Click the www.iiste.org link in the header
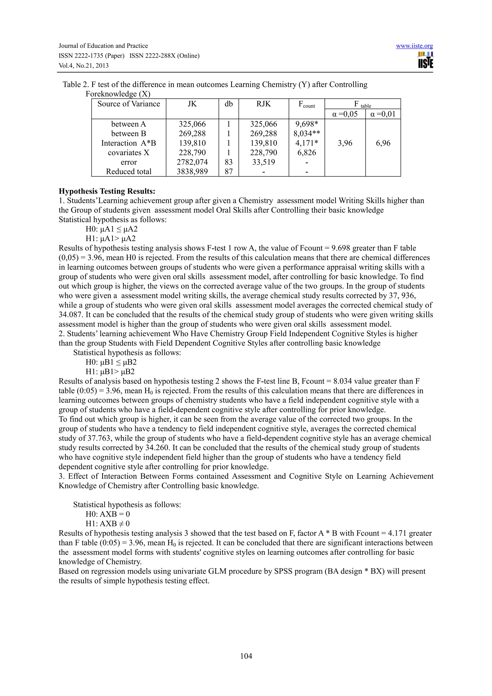coord(414,46)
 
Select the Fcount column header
coord(307,104)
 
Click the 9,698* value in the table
coord(307,124)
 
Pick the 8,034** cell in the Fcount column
coord(307,134)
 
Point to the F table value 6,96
coord(383,143)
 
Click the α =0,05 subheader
coord(345,114)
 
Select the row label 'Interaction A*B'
coord(129,143)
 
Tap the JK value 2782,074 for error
coord(192,162)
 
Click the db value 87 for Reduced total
coord(228,171)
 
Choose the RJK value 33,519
coord(264,162)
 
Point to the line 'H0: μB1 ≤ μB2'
coord(111,362)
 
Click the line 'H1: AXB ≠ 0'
coord(108,524)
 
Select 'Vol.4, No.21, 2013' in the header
coord(83,66)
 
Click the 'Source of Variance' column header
coord(129,104)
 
